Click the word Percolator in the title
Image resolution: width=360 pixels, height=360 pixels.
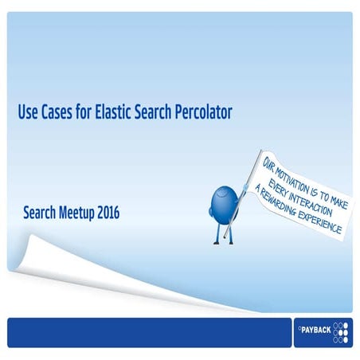tap(202, 113)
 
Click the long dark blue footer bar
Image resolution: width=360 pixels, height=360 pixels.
tap(143, 332)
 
